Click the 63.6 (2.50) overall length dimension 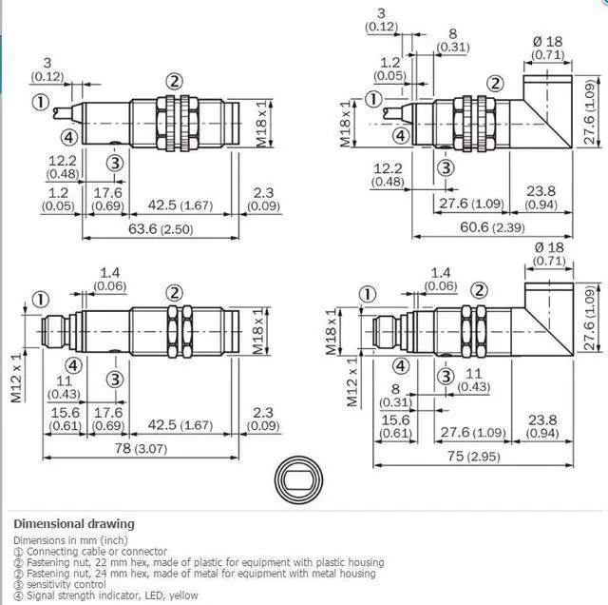(x=161, y=229)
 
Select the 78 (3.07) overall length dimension (x=141, y=448)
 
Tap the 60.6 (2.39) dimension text (x=492, y=227)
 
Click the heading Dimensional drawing (x=74, y=524)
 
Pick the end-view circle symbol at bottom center (x=299, y=480)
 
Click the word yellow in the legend (x=183, y=595)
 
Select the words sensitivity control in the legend (x=66, y=584)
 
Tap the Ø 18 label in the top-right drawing (x=547, y=42)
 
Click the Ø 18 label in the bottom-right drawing (x=549, y=247)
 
